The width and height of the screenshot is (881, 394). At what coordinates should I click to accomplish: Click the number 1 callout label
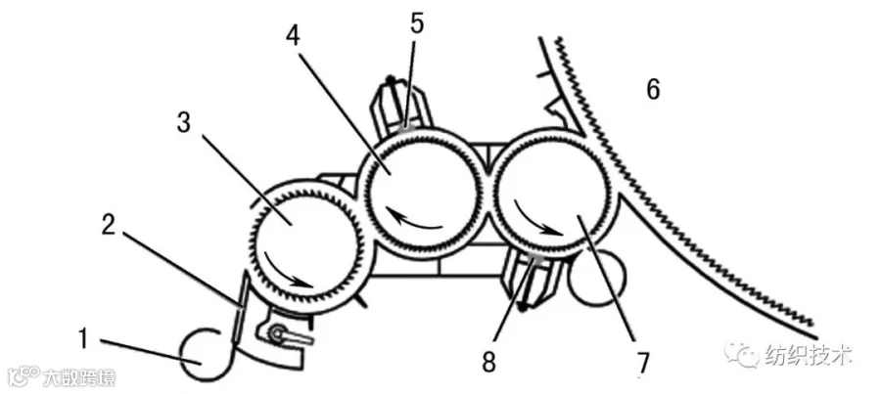click(x=82, y=339)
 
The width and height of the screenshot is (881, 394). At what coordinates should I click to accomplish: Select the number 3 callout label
click(x=184, y=123)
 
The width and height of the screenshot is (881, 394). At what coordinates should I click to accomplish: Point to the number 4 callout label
click(x=293, y=36)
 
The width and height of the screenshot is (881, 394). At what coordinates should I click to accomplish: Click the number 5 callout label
click(x=417, y=23)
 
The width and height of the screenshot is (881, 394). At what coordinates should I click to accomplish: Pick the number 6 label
click(x=652, y=90)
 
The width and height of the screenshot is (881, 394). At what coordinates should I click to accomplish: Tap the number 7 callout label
click(x=643, y=364)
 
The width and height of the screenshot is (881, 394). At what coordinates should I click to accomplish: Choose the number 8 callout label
click(x=488, y=363)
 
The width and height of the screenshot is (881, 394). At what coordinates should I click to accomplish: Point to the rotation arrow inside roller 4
click(x=412, y=220)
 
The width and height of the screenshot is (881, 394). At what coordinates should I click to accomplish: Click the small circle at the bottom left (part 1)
click(x=205, y=355)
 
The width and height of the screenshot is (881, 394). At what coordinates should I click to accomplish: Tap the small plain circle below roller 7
click(x=596, y=279)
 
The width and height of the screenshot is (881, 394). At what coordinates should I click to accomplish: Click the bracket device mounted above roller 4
click(x=401, y=106)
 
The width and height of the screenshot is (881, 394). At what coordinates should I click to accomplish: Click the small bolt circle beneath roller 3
click(x=278, y=334)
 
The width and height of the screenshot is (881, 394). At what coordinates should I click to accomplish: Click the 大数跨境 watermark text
click(x=79, y=377)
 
